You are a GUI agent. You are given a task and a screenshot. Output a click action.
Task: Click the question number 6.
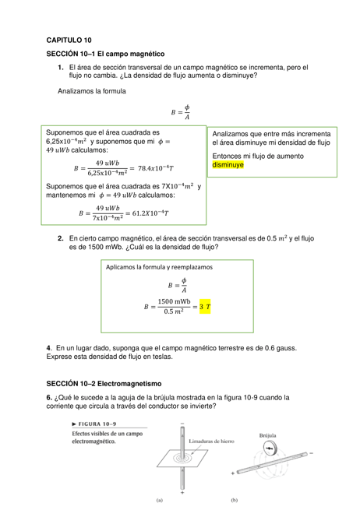tap(49, 397)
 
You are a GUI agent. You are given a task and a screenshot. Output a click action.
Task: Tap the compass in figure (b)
tap(269, 447)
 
